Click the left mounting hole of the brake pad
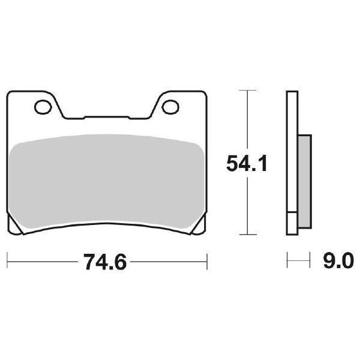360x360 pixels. pyautogui.click(x=43, y=107)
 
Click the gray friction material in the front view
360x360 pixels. pyautogui.click(x=106, y=180)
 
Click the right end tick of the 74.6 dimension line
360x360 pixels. pyautogui.click(x=206, y=262)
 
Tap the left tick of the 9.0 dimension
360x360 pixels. pyautogui.click(x=288, y=262)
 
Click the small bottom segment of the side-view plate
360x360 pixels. pyautogui.click(x=292, y=224)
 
